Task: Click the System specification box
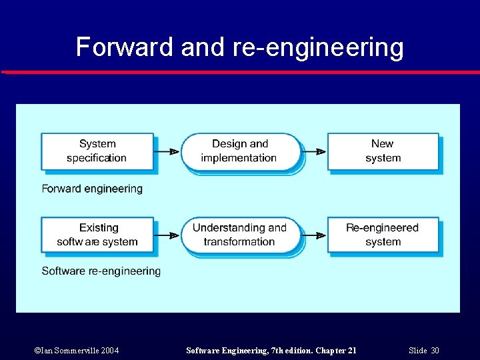pyautogui.click(x=97, y=151)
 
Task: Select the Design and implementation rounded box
pyautogui.click(x=240, y=151)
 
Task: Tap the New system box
pyautogui.click(x=383, y=151)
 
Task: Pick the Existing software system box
pyautogui.click(x=97, y=235)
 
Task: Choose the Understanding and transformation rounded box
pyautogui.click(x=240, y=235)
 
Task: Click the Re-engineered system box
pyautogui.click(x=383, y=235)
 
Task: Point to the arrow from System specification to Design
pyautogui.click(x=167, y=151)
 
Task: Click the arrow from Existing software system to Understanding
pyautogui.click(x=167, y=235)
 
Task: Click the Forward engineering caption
pyautogui.click(x=92, y=189)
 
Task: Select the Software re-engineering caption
pyautogui.click(x=101, y=271)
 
